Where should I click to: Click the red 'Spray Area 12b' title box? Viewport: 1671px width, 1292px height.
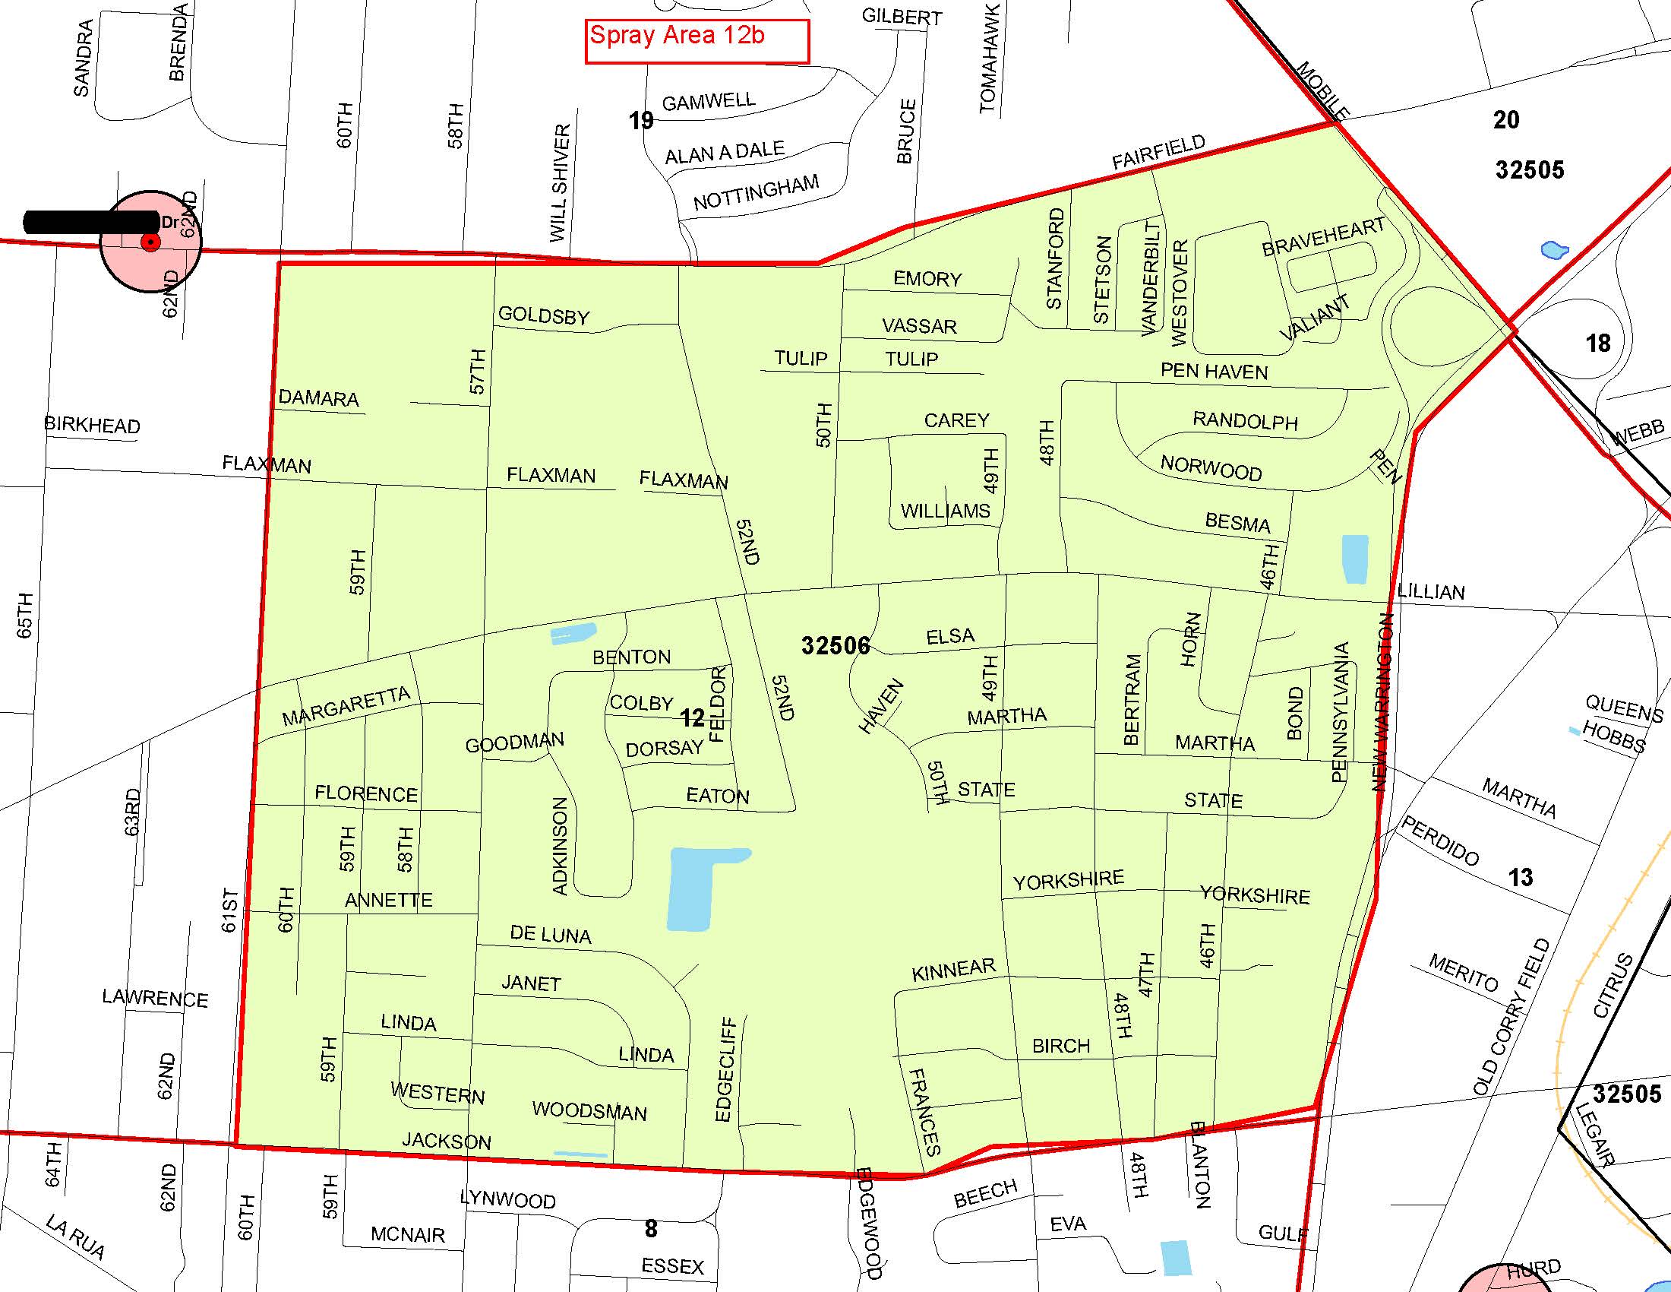697,40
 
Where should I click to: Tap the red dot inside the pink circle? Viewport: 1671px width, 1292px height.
150,242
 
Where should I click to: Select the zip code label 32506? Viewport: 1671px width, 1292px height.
835,645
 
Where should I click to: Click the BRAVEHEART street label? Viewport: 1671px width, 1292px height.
1323,236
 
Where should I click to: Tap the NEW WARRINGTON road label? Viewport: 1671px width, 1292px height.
1382,702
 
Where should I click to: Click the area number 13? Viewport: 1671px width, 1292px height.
1521,877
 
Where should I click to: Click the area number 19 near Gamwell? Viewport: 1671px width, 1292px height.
641,120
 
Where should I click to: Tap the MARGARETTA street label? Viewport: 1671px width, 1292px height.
346,707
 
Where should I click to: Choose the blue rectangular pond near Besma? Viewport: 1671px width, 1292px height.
1354,559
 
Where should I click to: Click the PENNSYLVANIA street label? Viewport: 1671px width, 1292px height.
1340,712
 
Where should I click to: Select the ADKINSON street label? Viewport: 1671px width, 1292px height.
560,846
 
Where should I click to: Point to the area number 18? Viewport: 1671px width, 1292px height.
1597,343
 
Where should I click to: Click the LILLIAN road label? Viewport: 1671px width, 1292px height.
1432,591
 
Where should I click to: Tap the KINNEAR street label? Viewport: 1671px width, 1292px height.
953,970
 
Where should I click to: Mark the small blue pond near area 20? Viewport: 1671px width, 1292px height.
1555,249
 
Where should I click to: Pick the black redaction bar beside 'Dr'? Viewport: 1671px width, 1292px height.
90,222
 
